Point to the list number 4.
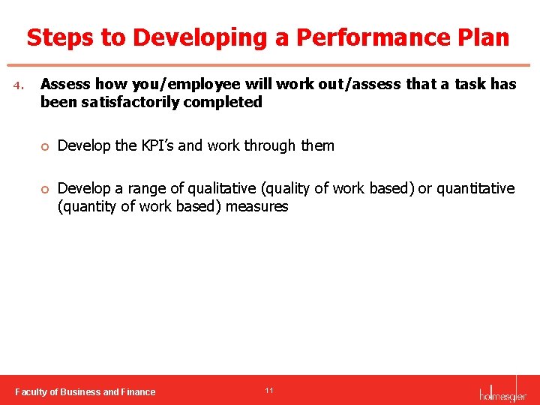(x=19, y=85)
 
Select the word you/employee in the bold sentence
(x=182, y=84)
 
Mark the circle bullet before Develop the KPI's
(x=45, y=146)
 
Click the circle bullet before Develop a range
(x=45, y=189)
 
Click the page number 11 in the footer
(x=268, y=391)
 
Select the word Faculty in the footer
(x=32, y=391)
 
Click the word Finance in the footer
(x=139, y=391)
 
